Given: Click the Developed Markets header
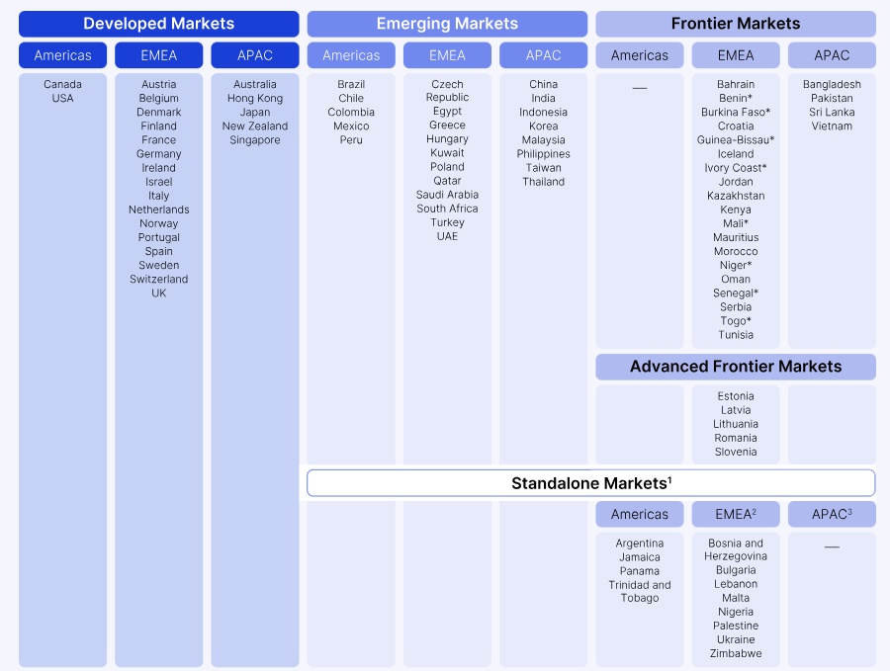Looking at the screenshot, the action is coord(159,24).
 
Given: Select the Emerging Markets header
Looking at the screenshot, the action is coord(447,24).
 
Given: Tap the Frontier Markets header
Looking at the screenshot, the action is coord(736,24).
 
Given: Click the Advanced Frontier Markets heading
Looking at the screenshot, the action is coord(736,367).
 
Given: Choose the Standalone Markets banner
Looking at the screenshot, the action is coord(591,483).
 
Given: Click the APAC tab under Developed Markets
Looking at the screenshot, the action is coord(255,55).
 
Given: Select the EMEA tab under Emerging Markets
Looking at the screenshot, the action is coord(447,55).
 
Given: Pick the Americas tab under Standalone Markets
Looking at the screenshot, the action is coord(640,515).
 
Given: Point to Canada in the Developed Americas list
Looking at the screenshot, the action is coord(62,85).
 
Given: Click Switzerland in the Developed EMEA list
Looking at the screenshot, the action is coord(159,279).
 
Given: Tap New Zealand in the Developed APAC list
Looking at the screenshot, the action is coord(255,126).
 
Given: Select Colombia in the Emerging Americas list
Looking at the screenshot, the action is coord(351,113).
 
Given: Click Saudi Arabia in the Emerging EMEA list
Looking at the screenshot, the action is coord(447,195).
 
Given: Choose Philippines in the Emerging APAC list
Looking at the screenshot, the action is coord(543,154).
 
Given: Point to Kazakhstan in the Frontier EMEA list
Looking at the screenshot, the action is coord(736,196).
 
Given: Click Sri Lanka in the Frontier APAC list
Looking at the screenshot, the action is coord(832,113).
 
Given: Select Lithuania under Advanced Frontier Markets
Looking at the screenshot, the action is coord(736,424).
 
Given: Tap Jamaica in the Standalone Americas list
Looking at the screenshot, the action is coord(640,557).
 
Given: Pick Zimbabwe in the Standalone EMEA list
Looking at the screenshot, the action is coord(736,653).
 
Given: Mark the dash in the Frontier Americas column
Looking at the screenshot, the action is coord(640,88).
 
